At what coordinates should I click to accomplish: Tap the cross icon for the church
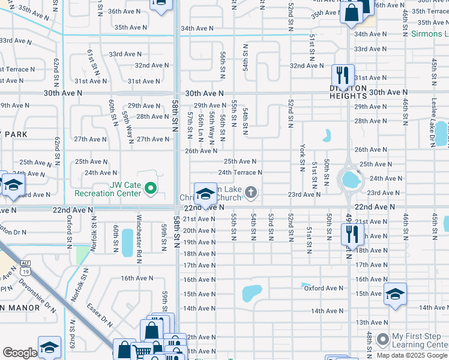(251, 193)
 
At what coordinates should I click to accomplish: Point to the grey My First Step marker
(382, 340)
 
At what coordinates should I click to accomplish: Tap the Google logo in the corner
(20, 353)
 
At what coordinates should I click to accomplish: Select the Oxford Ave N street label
(323, 288)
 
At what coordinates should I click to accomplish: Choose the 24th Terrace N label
(240, 172)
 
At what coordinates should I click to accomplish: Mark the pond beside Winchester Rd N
(127, 242)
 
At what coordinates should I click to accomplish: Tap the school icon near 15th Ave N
(395, 294)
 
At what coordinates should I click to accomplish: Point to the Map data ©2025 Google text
(411, 355)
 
